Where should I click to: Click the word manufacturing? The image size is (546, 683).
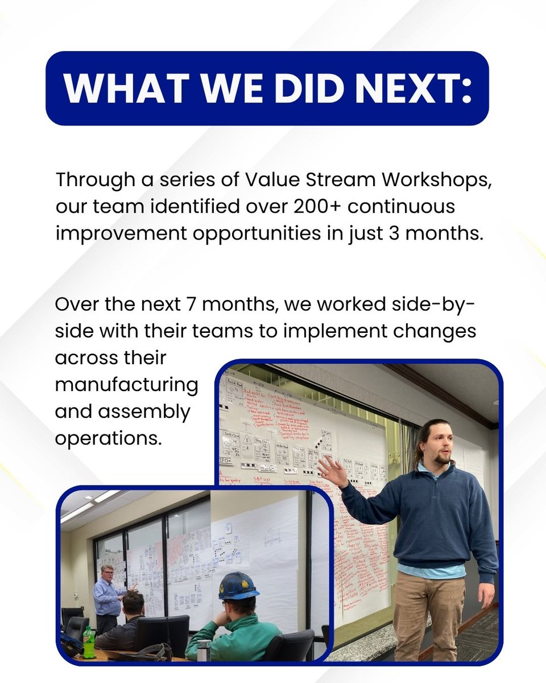click(x=126, y=385)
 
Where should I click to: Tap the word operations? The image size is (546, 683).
click(x=108, y=438)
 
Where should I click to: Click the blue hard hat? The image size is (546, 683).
click(x=238, y=586)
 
